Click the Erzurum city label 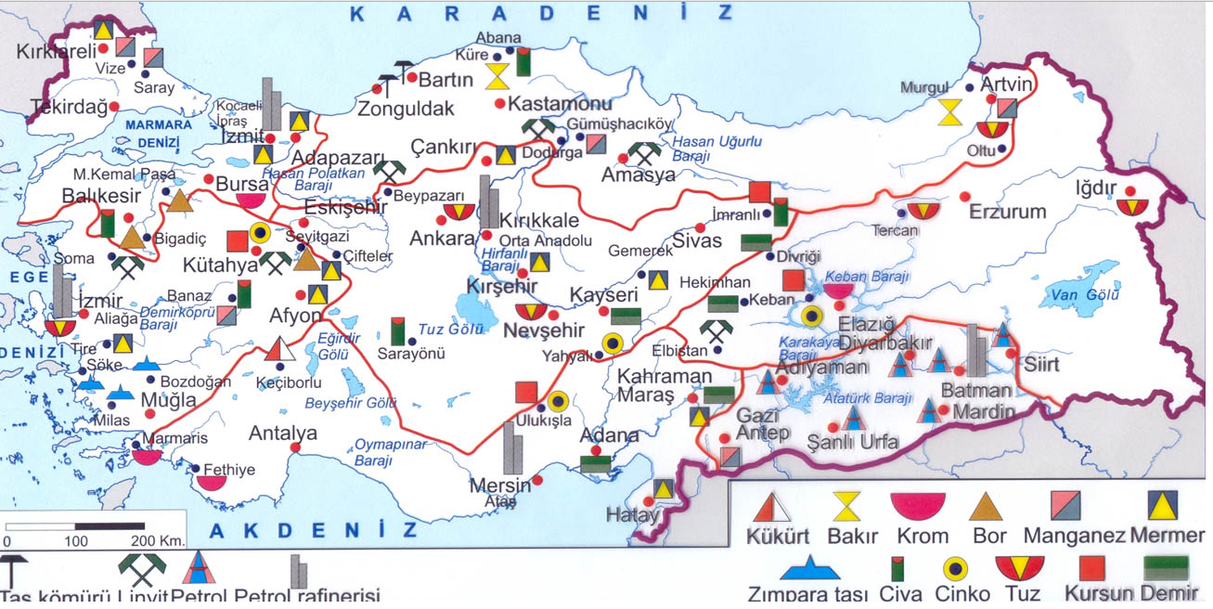(1007, 212)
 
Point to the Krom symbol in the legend (918, 506)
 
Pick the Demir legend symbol (1167, 567)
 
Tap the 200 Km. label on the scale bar (158, 540)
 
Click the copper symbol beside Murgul (949, 112)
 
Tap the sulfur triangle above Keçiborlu (279, 350)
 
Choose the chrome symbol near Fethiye (211, 482)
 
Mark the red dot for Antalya (296, 447)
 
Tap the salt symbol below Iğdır (1132, 207)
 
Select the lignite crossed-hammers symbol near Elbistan (716, 332)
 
